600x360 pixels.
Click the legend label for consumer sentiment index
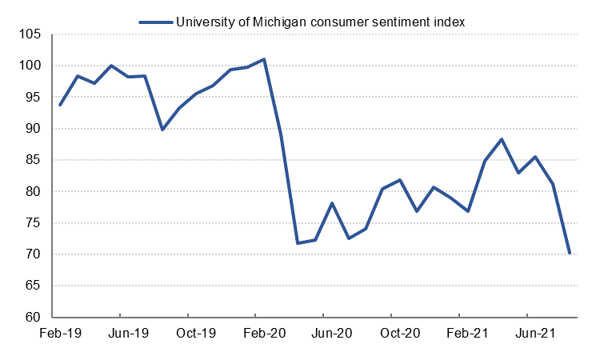[x=321, y=22]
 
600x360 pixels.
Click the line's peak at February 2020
[x=264, y=59]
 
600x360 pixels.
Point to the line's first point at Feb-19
[x=61, y=105]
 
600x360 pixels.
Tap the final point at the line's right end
[x=569, y=253]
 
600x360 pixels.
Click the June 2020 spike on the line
[x=332, y=203]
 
